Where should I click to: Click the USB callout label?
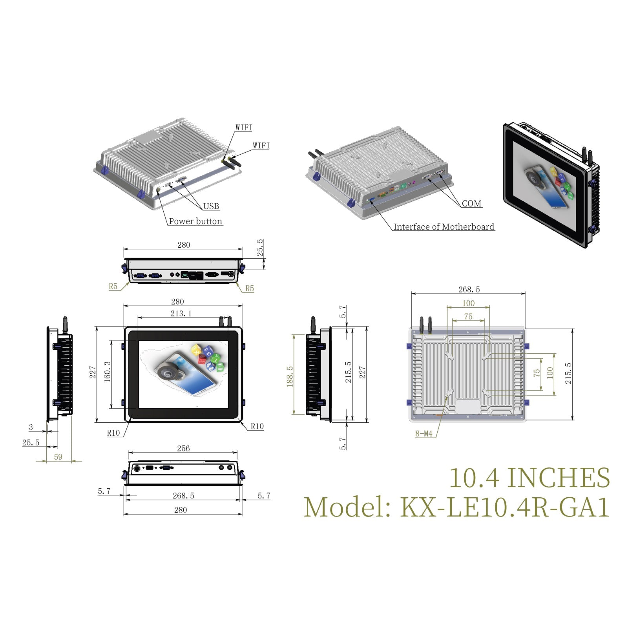(x=211, y=206)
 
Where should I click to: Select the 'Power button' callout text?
(x=195, y=221)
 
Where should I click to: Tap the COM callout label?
(x=471, y=204)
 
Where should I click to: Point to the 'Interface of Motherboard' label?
(x=444, y=227)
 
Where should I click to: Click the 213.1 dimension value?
(x=181, y=314)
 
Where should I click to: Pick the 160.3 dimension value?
(x=107, y=371)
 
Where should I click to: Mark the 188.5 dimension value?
(x=290, y=376)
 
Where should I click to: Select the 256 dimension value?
(x=183, y=448)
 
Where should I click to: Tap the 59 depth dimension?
(x=58, y=457)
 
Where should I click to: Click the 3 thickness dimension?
(x=31, y=427)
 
